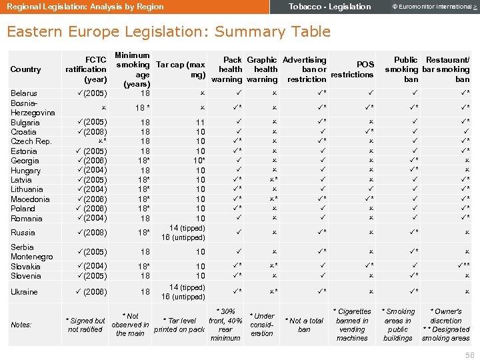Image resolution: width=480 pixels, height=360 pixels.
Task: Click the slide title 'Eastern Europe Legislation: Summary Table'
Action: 168,31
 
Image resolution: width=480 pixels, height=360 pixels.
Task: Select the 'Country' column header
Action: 26,69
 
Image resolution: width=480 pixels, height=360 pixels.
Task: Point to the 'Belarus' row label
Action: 24,93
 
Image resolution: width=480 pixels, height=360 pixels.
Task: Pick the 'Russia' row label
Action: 23,233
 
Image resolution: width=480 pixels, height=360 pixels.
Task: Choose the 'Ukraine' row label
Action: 24,292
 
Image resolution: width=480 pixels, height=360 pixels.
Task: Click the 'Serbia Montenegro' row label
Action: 31,252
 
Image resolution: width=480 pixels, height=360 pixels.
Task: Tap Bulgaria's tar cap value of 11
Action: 200,123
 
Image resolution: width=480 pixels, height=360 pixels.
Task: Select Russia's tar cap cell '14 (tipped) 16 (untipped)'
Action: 183,233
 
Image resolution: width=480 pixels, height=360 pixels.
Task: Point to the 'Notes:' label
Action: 22,325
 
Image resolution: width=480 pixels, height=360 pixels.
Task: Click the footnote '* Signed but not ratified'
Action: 87,325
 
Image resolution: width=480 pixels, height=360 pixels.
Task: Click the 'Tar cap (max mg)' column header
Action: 180,69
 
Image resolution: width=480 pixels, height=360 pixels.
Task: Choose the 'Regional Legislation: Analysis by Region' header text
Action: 85,7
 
